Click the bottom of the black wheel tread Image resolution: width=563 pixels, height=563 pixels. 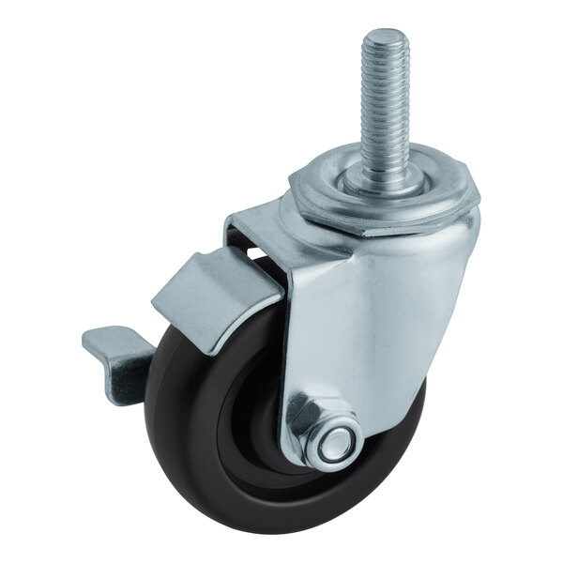pos(272,525)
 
